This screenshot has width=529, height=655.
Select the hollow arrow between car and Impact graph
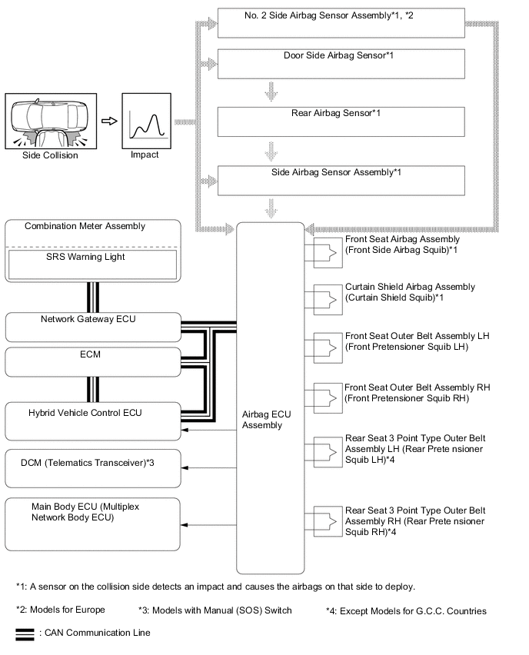[109, 121]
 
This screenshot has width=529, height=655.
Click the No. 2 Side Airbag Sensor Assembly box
[341, 23]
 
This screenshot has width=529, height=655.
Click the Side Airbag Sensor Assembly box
[341, 181]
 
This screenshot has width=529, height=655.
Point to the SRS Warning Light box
[91, 266]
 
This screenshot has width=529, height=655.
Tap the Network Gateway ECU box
[92, 326]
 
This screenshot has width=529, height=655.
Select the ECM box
[92, 362]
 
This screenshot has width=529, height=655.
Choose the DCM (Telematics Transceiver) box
[92, 467]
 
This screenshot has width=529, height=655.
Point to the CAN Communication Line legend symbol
[25, 633]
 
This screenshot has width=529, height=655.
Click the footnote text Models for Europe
[62, 610]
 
